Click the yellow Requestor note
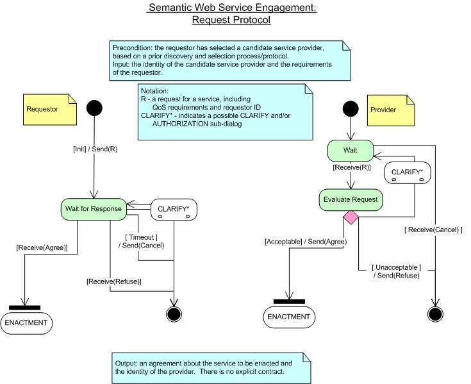50,110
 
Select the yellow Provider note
391,110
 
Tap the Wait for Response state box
94,209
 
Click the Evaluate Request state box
351,200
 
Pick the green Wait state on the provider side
351,151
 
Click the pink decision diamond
351,217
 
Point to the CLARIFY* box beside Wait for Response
174,210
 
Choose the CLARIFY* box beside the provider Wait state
408,172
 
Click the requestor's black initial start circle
94,108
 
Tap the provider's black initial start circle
351,109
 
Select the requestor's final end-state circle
174,314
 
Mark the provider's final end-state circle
435,314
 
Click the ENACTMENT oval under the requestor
26,323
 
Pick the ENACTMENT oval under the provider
289,317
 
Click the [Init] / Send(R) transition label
95,149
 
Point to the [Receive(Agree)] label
42,248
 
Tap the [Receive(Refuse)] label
114,282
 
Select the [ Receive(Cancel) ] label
433,230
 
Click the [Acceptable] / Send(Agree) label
306,242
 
